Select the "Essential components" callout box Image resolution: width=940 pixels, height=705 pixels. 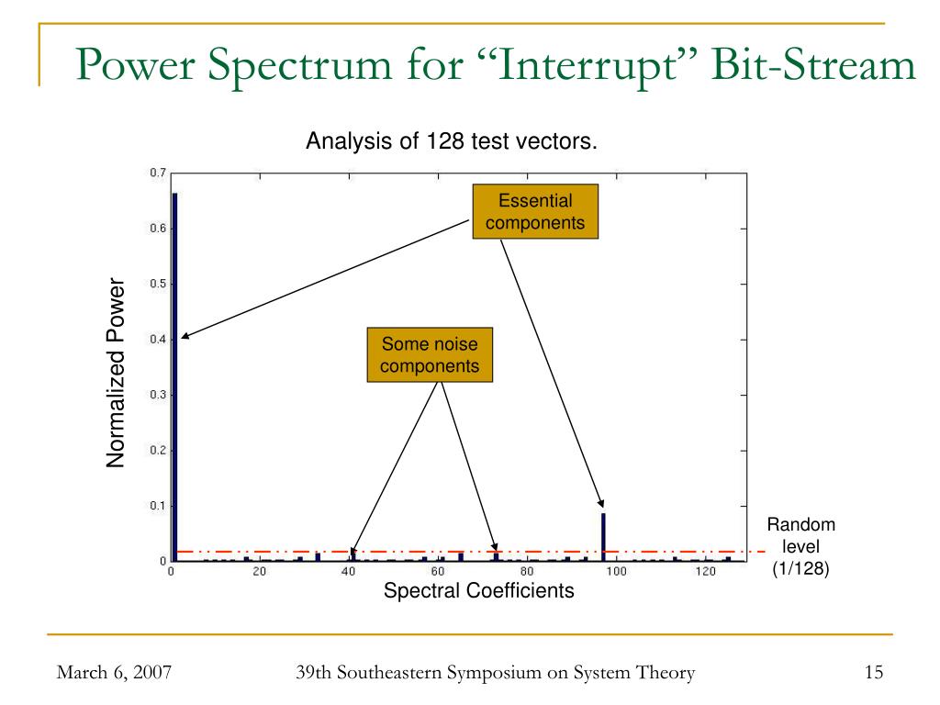(535, 211)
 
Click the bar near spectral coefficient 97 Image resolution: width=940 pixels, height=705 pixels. (603, 537)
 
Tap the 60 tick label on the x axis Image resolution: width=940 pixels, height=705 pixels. (438, 572)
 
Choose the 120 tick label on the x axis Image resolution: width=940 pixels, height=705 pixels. (705, 572)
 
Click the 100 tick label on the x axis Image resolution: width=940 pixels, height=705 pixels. (616, 572)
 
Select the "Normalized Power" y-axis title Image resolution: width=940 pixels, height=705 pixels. (116, 372)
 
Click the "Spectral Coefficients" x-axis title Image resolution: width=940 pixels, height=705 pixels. (478, 591)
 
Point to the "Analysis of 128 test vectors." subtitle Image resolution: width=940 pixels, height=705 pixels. (452, 141)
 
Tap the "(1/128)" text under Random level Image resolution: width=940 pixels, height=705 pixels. (800, 569)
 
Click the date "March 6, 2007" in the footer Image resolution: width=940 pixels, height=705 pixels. (115, 674)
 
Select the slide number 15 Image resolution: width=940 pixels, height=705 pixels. (873, 674)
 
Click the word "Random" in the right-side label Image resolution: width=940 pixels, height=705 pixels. (801, 525)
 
